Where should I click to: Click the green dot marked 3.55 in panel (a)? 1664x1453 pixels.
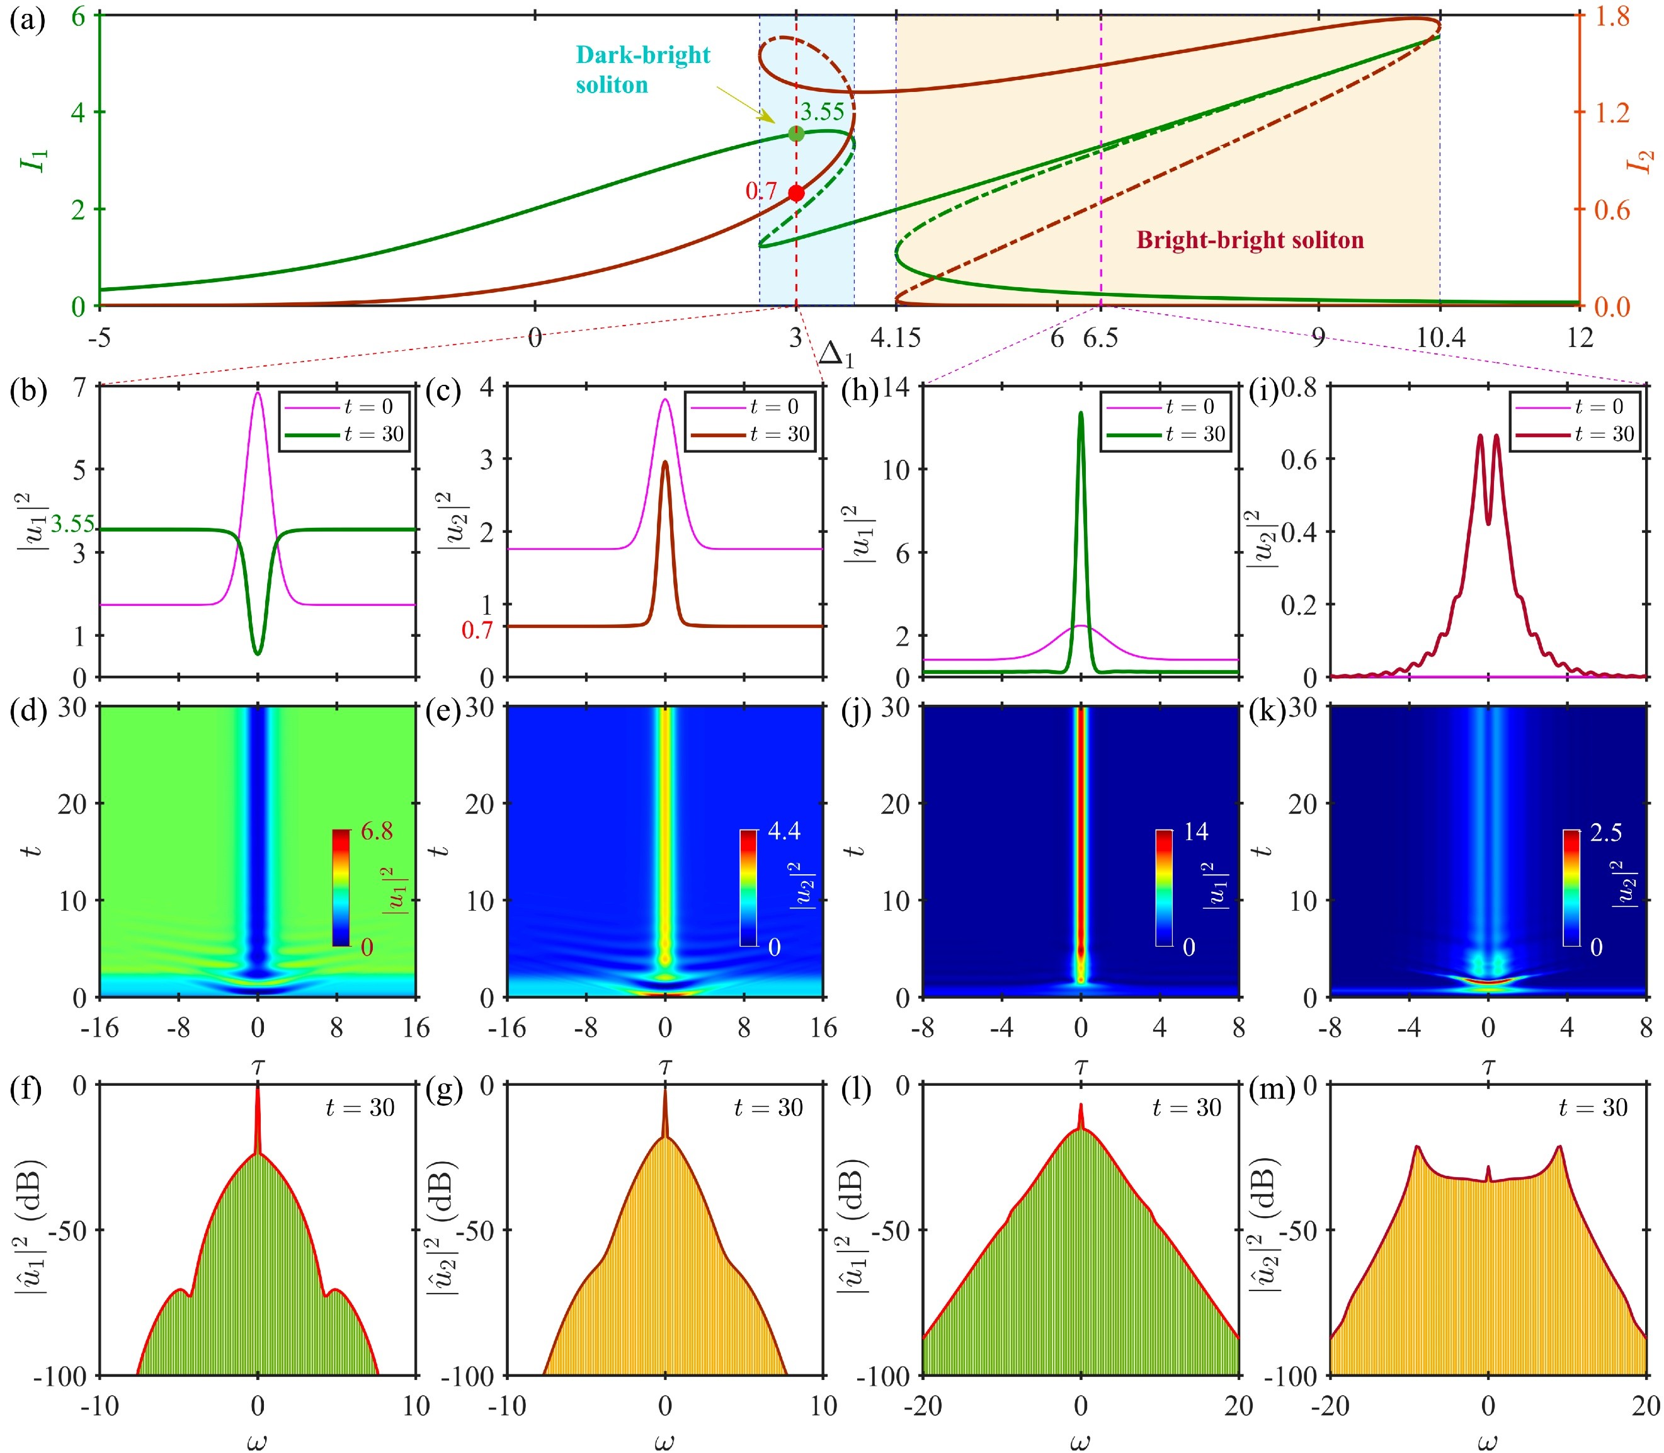(x=796, y=134)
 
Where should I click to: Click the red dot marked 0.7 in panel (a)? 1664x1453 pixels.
(x=796, y=193)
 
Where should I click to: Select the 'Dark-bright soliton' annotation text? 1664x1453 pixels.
(x=642, y=70)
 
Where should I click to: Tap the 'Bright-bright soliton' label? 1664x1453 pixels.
(x=1250, y=240)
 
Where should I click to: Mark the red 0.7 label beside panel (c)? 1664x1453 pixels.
(x=477, y=630)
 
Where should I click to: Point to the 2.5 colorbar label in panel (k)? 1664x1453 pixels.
(x=1605, y=833)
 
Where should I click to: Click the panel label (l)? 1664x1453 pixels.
(x=858, y=1091)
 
